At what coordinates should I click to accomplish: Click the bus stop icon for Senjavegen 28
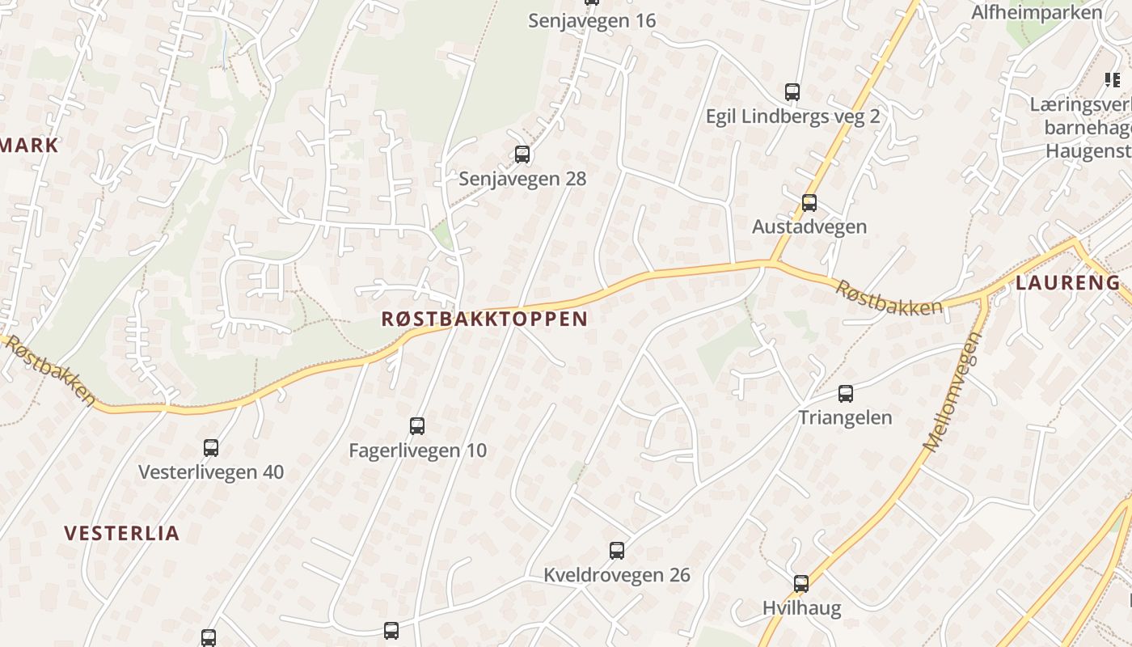click(x=522, y=154)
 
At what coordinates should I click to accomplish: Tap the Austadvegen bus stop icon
click(x=809, y=202)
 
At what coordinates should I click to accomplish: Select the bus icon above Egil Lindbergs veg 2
click(x=792, y=92)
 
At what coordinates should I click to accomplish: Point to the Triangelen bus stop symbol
click(x=846, y=394)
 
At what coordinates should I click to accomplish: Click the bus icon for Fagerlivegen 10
click(x=417, y=425)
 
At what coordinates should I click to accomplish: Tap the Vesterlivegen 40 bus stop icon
click(x=211, y=447)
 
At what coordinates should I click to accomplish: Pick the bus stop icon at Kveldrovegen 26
click(x=617, y=551)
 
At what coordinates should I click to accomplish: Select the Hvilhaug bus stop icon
click(x=801, y=583)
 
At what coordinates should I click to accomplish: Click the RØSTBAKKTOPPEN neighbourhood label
click(x=484, y=319)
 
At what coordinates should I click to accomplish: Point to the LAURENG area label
click(x=1067, y=283)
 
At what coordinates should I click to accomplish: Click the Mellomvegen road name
click(x=952, y=392)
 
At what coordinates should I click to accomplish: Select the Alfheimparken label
click(x=1037, y=12)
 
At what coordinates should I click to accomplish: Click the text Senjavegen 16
click(x=592, y=20)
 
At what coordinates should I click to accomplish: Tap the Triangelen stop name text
click(x=845, y=417)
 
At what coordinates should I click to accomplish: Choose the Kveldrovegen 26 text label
click(x=617, y=575)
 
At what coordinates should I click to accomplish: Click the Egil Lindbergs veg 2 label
click(x=792, y=116)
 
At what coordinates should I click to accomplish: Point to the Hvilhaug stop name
click(x=801, y=607)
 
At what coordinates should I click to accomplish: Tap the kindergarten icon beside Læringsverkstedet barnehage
click(x=1112, y=79)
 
